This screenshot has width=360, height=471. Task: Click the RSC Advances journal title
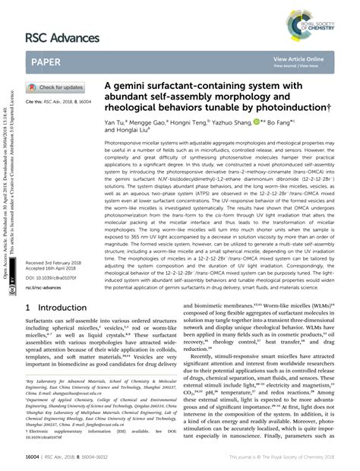point(63,37)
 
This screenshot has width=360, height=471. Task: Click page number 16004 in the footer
point(35,458)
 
